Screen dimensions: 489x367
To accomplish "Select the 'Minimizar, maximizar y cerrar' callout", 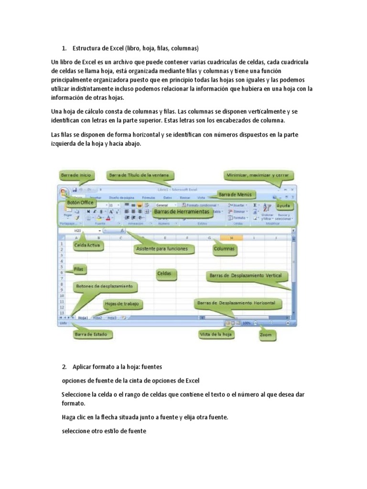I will point(260,175).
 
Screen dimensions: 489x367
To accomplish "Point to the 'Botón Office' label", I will point(80,202).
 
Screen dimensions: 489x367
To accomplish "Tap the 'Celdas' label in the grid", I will point(167,274).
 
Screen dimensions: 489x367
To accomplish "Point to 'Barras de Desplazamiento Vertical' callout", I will point(247,276).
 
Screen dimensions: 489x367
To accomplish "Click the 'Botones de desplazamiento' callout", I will point(105,287).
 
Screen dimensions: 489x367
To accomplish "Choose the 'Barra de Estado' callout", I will point(94,334).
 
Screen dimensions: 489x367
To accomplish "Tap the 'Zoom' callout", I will point(265,335).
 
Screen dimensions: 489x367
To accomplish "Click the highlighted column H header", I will point(231,237).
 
